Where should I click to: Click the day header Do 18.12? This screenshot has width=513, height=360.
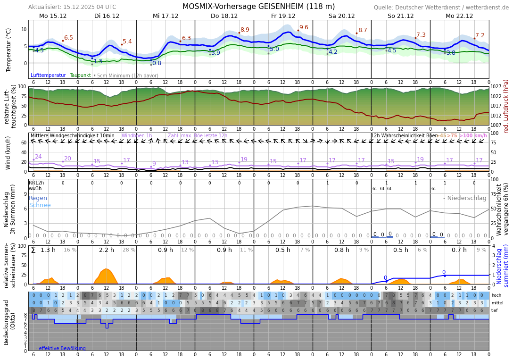coord(224,16)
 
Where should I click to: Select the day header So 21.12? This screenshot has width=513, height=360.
coord(400,16)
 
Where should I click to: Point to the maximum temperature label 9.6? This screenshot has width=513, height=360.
coord(304,27)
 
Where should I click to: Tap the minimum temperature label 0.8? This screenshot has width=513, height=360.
coord(157,63)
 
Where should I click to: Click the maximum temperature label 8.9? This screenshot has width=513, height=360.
coord(245,30)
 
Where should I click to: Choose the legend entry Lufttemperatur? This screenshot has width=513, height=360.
coord(48,75)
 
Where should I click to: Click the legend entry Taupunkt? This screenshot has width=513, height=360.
coord(80,75)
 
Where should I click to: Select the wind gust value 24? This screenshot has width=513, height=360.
coord(38,157)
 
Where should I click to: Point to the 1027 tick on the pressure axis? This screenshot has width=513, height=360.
coord(496,87)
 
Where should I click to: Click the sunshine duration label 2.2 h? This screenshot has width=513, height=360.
coord(107,250)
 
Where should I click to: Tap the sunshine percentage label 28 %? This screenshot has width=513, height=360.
coord(129,250)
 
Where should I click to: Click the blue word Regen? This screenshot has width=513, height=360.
coord(38,198)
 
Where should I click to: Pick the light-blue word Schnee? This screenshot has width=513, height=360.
coord(40,205)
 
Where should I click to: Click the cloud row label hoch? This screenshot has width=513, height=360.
coord(496,295)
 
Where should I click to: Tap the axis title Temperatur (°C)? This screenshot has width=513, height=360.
coord(8,50)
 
